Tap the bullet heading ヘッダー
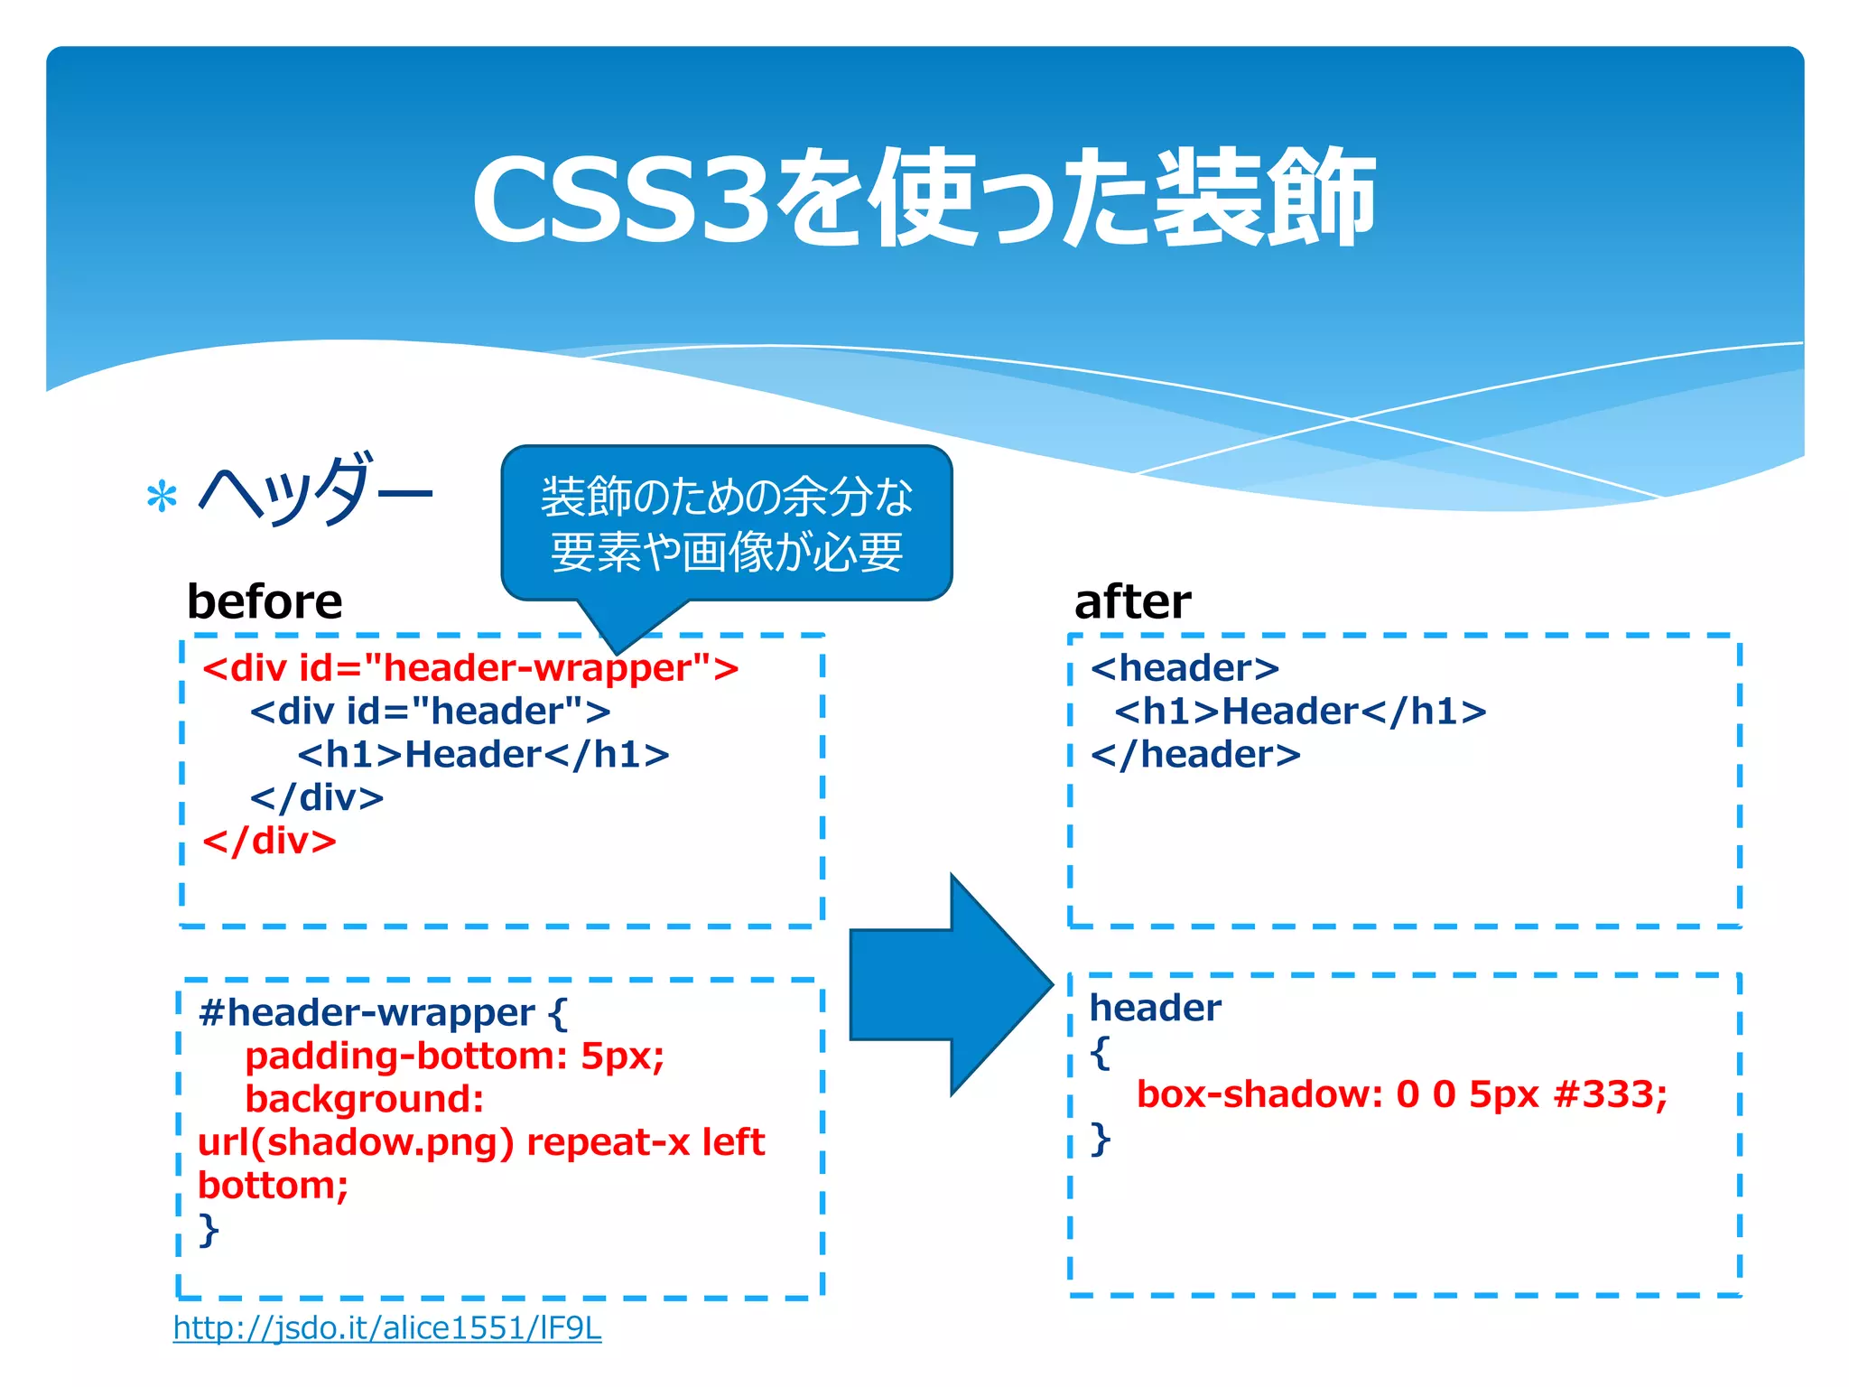316,492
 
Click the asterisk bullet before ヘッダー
162,498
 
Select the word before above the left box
265,601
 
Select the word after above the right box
1132,601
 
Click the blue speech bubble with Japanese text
727,525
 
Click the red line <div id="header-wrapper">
470,668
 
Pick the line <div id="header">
430,712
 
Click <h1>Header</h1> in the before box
483,755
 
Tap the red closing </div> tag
269,842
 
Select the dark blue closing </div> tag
317,798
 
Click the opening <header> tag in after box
1185,668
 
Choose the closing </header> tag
1195,755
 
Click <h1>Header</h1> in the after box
1300,712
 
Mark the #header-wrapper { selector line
383,1013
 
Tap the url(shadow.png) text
356,1142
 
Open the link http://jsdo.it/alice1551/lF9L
387,1328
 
